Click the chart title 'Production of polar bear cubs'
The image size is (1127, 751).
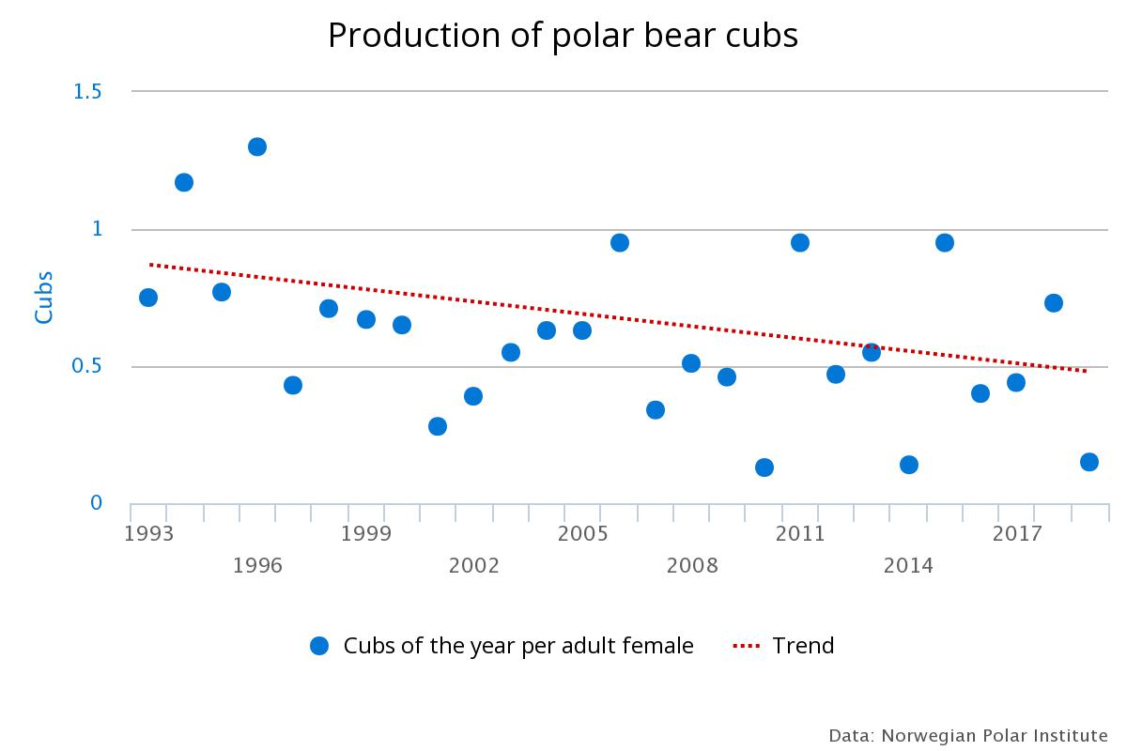coord(563,36)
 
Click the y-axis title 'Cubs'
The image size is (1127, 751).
coord(44,298)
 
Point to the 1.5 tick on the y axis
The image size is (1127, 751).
coord(87,91)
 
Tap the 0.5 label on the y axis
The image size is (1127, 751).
coord(87,366)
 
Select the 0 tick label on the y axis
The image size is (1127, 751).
coord(96,503)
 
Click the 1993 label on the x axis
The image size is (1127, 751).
coord(148,534)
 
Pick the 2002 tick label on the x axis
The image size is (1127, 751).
coord(473,565)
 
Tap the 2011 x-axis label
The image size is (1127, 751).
coord(800,534)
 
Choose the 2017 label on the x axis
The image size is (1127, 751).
coord(1017,534)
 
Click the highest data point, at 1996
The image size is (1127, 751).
coord(257,146)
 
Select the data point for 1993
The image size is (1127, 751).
coord(148,298)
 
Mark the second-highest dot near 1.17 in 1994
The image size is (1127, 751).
coord(184,182)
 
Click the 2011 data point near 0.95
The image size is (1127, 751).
coord(800,242)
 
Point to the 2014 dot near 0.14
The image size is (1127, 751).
coord(909,465)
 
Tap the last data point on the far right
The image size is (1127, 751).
coord(1089,462)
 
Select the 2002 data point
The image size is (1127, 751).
coord(473,396)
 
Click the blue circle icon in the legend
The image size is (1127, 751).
coord(319,646)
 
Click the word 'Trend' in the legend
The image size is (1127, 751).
coord(803,646)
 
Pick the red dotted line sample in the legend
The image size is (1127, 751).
coord(746,646)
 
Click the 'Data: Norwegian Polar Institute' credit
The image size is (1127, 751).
coord(968,734)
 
